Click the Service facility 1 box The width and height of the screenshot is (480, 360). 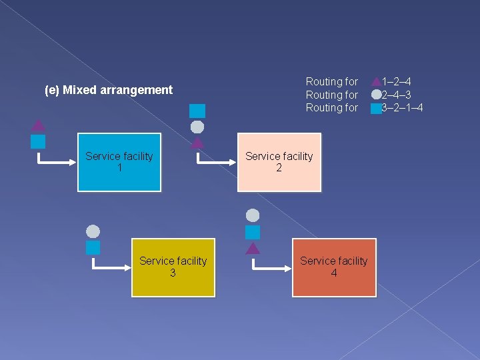tap(119, 162)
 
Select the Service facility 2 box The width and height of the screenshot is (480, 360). tap(279, 162)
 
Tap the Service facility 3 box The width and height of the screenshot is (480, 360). tap(173, 267)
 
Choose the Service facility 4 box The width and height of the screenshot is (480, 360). tap(333, 267)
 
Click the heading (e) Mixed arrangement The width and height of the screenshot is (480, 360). tap(109, 90)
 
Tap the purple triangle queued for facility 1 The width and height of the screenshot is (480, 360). tap(39, 125)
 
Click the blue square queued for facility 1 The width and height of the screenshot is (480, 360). tap(39, 141)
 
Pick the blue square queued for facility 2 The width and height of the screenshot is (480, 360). tap(197, 111)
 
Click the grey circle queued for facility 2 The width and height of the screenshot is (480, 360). tap(197, 127)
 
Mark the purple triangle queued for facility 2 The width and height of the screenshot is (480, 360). tap(197, 142)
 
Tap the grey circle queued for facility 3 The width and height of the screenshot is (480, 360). tap(93, 231)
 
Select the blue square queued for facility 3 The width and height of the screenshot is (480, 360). tap(93, 248)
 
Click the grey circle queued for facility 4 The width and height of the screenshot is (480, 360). tap(253, 215)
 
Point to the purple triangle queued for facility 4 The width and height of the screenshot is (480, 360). tap(253, 249)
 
